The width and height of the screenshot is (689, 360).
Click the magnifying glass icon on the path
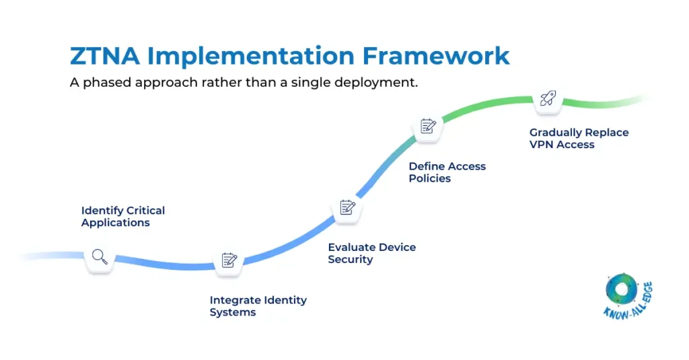[x=100, y=256]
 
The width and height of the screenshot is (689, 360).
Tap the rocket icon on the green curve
[x=548, y=99]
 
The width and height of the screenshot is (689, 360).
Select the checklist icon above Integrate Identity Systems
[x=229, y=260]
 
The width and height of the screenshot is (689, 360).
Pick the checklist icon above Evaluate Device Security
[x=347, y=207]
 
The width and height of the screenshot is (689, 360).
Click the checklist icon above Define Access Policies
[x=428, y=126]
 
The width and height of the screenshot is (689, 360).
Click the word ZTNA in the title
[x=104, y=56]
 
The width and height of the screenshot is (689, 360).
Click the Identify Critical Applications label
[x=122, y=217]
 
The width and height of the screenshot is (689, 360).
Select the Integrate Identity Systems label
[x=258, y=306]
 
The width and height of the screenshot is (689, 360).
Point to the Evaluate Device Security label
[x=371, y=253]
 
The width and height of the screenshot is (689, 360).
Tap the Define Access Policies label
[x=447, y=172]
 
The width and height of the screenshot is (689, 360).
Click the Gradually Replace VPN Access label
[x=579, y=139]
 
